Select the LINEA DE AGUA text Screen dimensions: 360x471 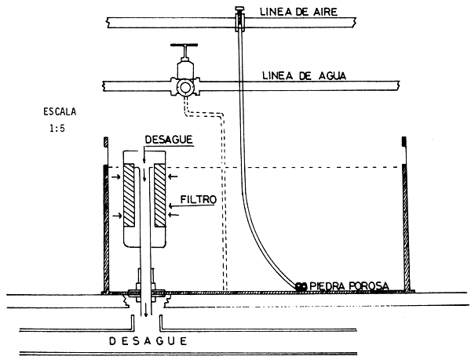coord(294,76)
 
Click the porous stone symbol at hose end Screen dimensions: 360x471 coord(301,285)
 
